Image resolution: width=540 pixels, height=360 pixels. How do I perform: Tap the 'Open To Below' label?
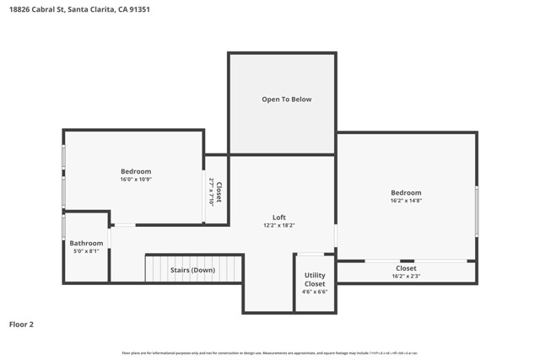pyautogui.click(x=286, y=99)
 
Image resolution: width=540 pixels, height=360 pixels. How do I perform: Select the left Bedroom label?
pyautogui.click(x=135, y=171)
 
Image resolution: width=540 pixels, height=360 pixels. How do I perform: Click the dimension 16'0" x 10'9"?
pyautogui.click(x=135, y=180)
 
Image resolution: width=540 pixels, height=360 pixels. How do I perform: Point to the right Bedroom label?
pyautogui.click(x=406, y=192)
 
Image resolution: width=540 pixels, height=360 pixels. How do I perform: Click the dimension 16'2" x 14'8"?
pyautogui.click(x=406, y=201)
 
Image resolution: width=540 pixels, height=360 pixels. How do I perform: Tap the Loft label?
pyautogui.click(x=278, y=218)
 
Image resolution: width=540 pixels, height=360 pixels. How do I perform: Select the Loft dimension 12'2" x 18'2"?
pyautogui.click(x=278, y=226)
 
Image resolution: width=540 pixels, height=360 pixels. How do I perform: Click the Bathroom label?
pyautogui.click(x=86, y=243)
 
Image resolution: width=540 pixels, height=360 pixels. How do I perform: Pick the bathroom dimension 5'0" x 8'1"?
pyautogui.click(x=86, y=251)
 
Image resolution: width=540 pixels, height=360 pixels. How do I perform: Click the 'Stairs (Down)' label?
pyautogui.click(x=192, y=270)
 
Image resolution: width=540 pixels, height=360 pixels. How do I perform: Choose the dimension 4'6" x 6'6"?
pyautogui.click(x=315, y=292)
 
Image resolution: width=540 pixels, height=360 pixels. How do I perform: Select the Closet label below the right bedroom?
pyautogui.click(x=406, y=268)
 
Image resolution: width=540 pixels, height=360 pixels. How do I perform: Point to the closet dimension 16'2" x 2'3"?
pyautogui.click(x=406, y=277)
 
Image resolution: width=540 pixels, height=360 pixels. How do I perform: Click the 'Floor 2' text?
pyautogui.click(x=21, y=324)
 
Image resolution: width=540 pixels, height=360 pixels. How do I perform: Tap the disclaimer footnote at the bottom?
pyautogui.click(x=270, y=353)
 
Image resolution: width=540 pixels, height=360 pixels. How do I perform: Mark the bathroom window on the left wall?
pyautogui.click(x=63, y=227)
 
